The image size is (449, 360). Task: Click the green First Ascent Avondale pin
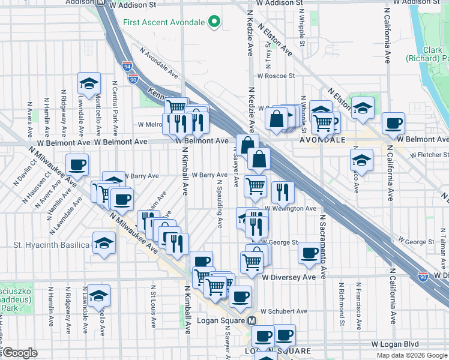pyautogui.click(x=214, y=23)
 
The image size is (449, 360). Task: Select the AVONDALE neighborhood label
pyautogui.click(x=322, y=139)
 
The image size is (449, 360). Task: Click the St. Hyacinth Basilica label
pyautogui.click(x=52, y=245)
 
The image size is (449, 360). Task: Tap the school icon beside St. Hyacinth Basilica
pyautogui.click(x=104, y=244)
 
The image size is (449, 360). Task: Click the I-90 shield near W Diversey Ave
pyautogui.click(x=423, y=276)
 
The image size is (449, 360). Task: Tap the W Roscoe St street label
pyautogui.click(x=276, y=76)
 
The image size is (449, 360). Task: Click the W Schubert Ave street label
pyautogui.click(x=285, y=311)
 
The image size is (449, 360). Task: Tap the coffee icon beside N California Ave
pyautogui.click(x=393, y=123)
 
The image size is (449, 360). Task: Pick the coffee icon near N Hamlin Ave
pyautogui.click(x=77, y=164)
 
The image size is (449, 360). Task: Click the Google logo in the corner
pyautogui.click(x=20, y=353)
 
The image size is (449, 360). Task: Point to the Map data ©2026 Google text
pyautogui.click(x=411, y=355)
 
